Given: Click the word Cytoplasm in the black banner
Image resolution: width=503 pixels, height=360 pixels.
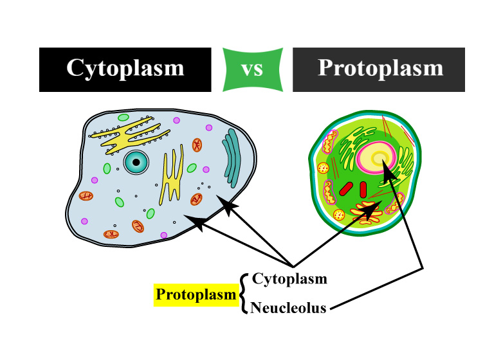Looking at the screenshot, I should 125,69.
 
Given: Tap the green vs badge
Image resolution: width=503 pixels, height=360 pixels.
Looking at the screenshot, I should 252,69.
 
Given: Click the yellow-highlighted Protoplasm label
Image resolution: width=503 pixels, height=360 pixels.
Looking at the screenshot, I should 196,295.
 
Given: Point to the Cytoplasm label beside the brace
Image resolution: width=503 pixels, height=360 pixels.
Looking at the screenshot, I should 289,279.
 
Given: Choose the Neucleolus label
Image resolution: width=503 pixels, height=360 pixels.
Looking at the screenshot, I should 289,308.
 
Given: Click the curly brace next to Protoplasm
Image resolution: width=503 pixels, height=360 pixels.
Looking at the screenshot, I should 243,294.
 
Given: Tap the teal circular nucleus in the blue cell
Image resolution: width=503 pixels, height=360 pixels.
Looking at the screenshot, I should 136,163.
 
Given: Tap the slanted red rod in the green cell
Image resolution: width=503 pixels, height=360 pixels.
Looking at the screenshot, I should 347,188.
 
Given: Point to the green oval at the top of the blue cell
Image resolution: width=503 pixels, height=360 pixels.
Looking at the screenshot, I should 123,118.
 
